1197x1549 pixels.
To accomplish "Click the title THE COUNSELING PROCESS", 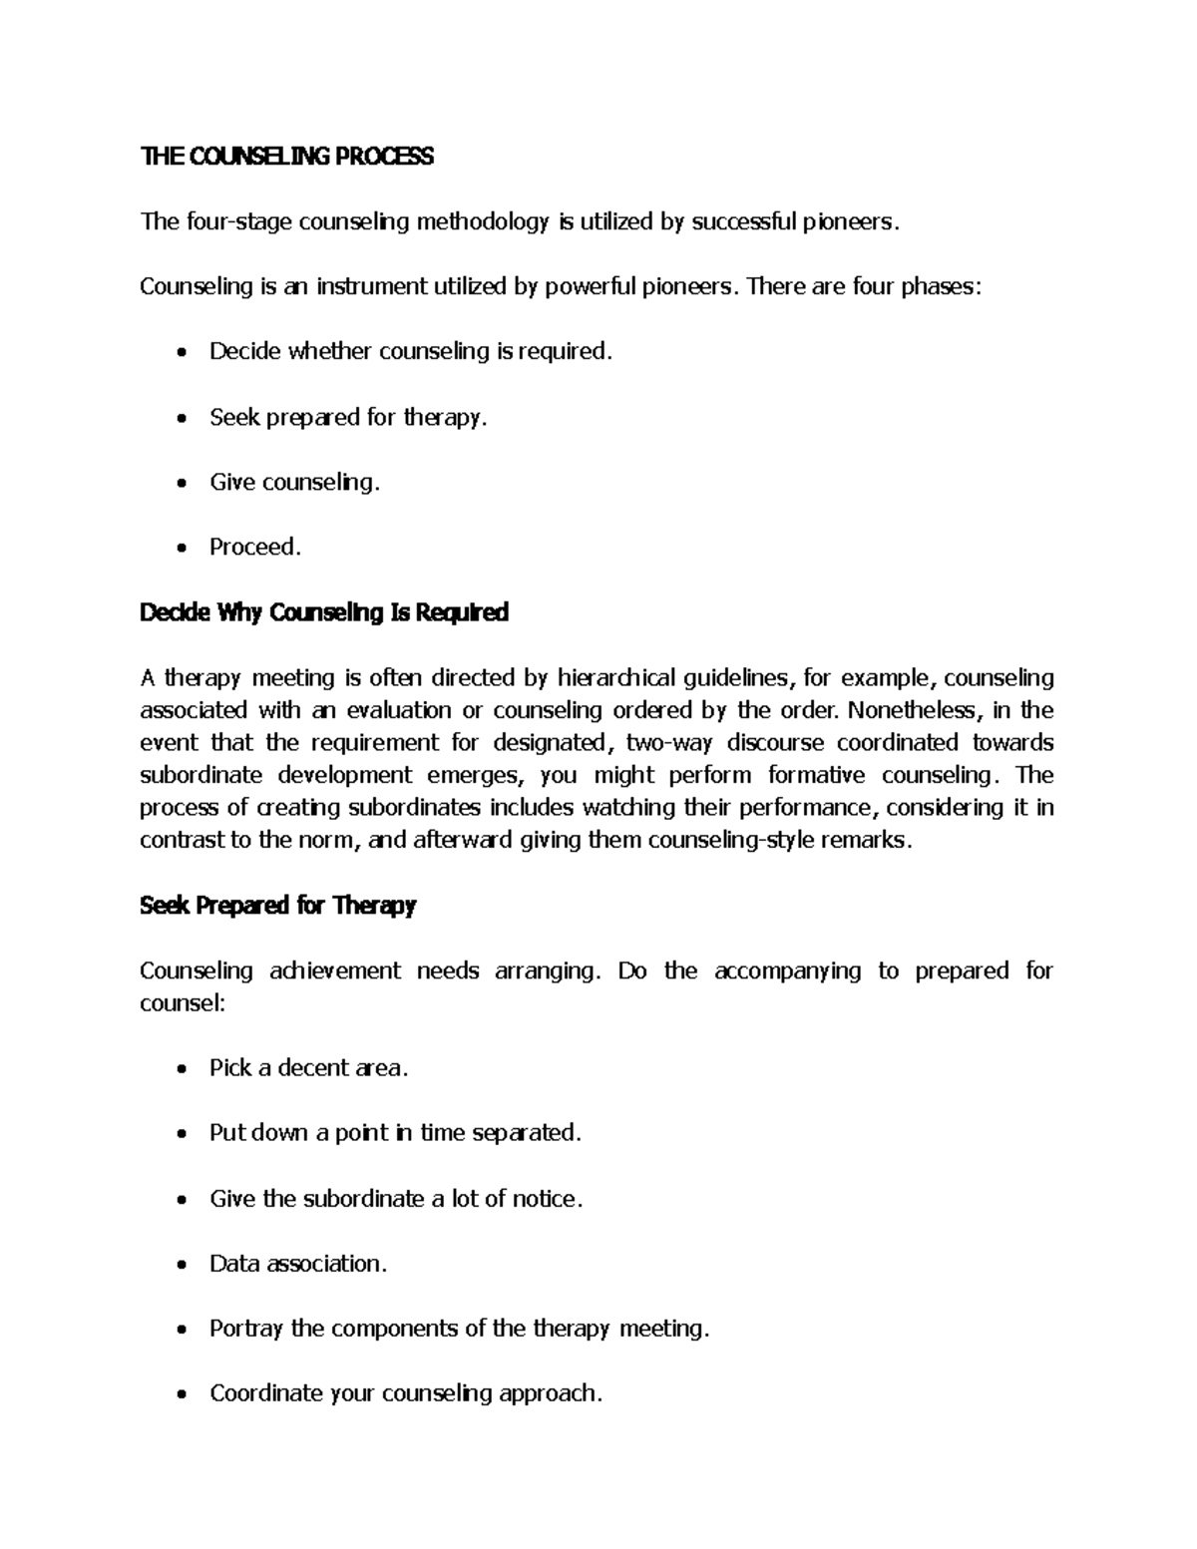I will (286, 157).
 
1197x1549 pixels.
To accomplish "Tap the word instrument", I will (371, 287).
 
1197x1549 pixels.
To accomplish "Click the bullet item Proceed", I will (254, 547).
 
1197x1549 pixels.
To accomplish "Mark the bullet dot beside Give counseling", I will (180, 485).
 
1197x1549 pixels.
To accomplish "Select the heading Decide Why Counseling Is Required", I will (324, 612).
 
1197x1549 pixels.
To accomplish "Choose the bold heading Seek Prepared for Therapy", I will (277, 906).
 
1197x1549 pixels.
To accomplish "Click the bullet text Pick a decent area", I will (308, 1068).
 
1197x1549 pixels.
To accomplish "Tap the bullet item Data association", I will (297, 1264).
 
